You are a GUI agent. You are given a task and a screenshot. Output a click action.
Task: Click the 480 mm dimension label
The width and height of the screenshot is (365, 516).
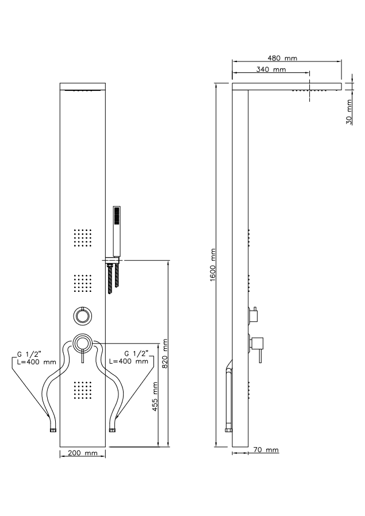coord(282,58)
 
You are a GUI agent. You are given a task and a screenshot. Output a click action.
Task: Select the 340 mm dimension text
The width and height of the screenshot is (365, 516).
coord(271,69)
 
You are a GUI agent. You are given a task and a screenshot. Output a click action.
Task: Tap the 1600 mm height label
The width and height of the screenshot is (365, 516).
coord(213,264)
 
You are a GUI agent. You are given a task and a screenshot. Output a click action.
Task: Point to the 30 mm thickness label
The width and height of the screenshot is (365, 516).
coord(349,112)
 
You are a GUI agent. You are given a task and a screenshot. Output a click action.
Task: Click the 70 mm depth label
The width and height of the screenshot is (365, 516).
coord(266,449)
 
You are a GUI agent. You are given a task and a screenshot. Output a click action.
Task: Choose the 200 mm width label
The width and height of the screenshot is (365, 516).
coord(83,453)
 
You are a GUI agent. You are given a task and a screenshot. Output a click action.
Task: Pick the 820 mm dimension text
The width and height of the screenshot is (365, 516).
coord(165,353)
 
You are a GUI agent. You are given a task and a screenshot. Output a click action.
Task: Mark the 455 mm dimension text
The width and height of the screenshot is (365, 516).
coord(155,396)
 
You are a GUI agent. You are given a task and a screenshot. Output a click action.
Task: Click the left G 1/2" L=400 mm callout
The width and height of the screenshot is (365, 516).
coord(37,358)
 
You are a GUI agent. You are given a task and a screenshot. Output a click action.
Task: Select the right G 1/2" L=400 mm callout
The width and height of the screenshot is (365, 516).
coord(128,357)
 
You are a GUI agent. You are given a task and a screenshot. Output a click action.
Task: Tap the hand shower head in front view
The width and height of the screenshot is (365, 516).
coord(117,232)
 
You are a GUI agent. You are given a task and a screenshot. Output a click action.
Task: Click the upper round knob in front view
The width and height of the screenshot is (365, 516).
coord(83,315)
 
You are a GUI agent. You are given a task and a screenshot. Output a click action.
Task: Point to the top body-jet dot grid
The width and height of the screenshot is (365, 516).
coord(83,237)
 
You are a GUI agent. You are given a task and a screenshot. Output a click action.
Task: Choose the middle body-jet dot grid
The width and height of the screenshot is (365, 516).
coord(83,283)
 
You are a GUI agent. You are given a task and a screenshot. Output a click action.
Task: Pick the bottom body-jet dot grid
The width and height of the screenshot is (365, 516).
coord(83,391)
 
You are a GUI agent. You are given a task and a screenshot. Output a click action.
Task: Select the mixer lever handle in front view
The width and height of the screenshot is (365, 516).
coord(83,356)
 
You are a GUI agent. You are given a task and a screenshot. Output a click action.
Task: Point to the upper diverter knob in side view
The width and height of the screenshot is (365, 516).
coord(253,315)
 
